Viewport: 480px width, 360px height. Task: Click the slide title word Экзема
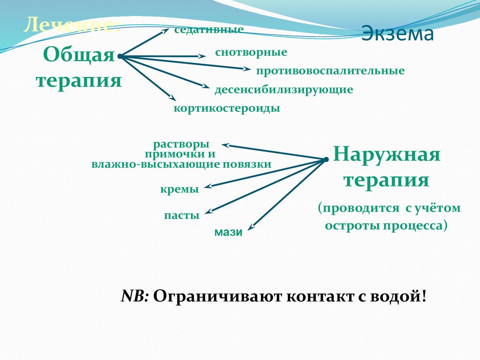[x=397, y=35]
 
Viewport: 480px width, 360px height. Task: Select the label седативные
[x=209, y=30]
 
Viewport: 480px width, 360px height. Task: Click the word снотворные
[x=251, y=52]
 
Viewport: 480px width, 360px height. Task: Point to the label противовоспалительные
[x=330, y=71]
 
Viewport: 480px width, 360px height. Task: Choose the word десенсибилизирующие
[x=284, y=89]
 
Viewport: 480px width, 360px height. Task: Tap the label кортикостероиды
[x=227, y=108]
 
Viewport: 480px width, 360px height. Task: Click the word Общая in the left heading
[x=79, y=55]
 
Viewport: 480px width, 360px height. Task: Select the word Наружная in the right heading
[x=387, y=154]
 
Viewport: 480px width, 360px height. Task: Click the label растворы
[x=181, y=144]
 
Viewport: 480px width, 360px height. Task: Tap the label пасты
[x=182, y=216]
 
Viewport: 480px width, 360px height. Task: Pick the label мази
[x=228, y=232]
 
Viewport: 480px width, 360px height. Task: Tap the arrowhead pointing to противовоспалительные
[x=247, y=69]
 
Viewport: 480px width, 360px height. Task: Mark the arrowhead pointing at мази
[x=251, y=227]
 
